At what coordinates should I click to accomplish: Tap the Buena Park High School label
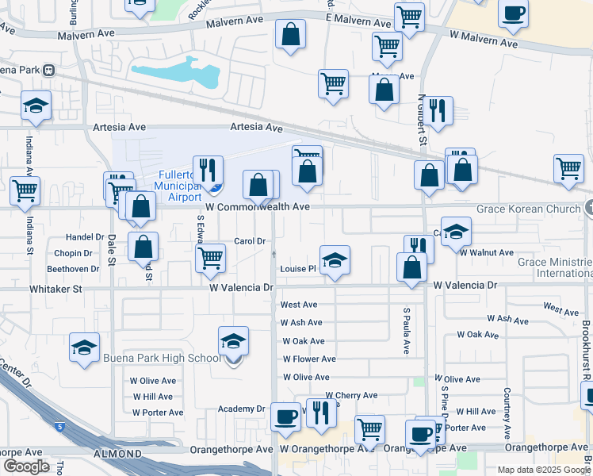[x=161, y=358]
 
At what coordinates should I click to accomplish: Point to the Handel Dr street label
[x=85, y=237]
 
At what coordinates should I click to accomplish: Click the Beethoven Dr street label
[x=72, y=269]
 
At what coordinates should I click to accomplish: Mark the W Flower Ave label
[x=309, y=359]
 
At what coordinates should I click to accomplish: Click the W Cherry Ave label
[x=351, y=395]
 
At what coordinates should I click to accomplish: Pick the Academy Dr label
[x=242, y=409]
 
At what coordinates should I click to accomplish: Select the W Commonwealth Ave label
[x=257, y=206]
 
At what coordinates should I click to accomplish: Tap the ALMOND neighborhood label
[x=117, y=455]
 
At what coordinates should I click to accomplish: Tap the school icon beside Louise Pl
[x=335, y=259]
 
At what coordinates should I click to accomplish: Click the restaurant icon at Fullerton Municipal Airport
[x=208, y=170]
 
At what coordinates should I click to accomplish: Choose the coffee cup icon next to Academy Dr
[x=285, y=416]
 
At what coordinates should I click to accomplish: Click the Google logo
[x=27, y=466]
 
